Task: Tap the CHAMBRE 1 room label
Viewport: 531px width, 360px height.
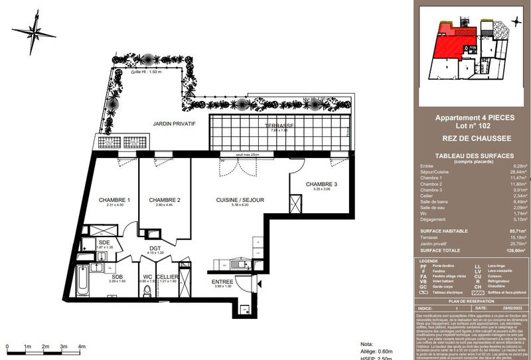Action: pyautogui.click(x=114, y=200)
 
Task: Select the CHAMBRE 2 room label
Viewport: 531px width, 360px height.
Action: pyautogui.click(x=165, y=200)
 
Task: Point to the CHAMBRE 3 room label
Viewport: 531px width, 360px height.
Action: pyautogui.click(x=321, y=184)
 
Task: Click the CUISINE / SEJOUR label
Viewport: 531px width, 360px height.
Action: pyautogui.click(x=240, y=200)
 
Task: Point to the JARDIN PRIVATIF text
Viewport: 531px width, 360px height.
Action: pyautogui.click(x=174, y=124)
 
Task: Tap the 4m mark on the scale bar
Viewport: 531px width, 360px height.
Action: pyautogui.click(x=82, y=347)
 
